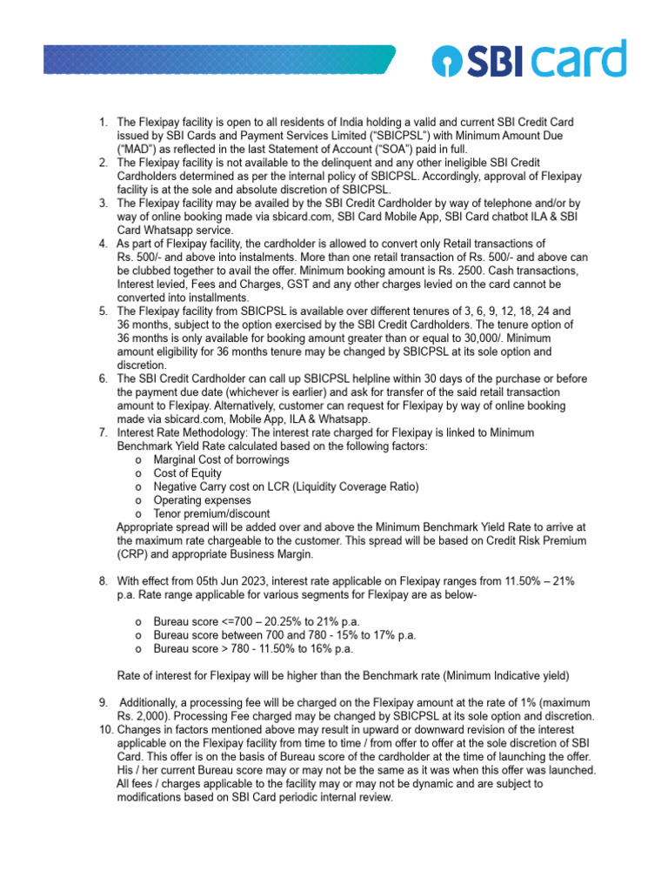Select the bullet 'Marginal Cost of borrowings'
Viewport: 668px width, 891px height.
coord(221,459)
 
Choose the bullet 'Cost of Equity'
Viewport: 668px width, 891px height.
coord(187,472)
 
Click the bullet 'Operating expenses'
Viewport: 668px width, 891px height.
coord(202,499)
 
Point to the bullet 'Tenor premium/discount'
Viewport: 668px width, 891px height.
coord(211,513)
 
